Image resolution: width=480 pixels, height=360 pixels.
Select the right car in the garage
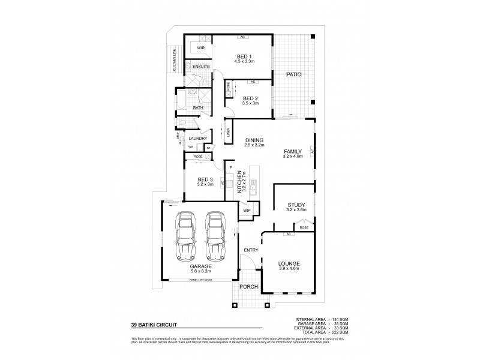214,235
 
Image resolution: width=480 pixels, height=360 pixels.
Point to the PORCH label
248,287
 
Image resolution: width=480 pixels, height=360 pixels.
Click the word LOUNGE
289,263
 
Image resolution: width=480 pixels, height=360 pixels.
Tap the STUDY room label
296,205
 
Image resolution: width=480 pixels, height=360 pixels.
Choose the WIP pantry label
247,210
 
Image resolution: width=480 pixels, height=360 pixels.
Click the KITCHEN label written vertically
239,180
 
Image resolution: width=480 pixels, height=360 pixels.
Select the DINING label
254,140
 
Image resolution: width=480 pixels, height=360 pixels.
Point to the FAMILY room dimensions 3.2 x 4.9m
292,157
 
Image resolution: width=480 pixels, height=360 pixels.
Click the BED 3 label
206,179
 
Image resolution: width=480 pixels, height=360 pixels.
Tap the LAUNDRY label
197,139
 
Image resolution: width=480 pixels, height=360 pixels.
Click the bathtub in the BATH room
179,100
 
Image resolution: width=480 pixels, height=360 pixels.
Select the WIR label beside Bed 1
201,47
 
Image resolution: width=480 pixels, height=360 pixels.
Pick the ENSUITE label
201,66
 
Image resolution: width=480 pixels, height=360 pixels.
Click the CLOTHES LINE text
175,61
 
